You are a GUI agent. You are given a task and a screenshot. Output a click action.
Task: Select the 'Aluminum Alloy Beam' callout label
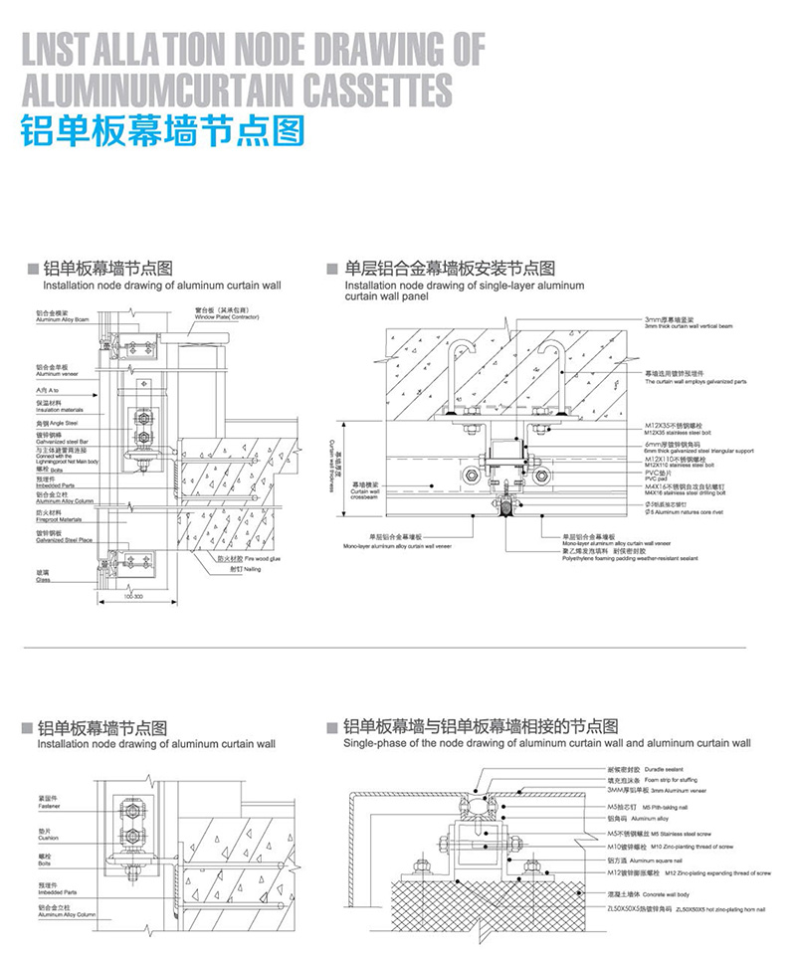[x=63, y=321]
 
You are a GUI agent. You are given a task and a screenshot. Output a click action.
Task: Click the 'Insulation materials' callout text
[x=61, y=409]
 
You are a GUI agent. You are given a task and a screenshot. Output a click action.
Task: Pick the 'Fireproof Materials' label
[x=60, y=519]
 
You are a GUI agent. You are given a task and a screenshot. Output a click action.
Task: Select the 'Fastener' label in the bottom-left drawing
[x=49, y=803]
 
